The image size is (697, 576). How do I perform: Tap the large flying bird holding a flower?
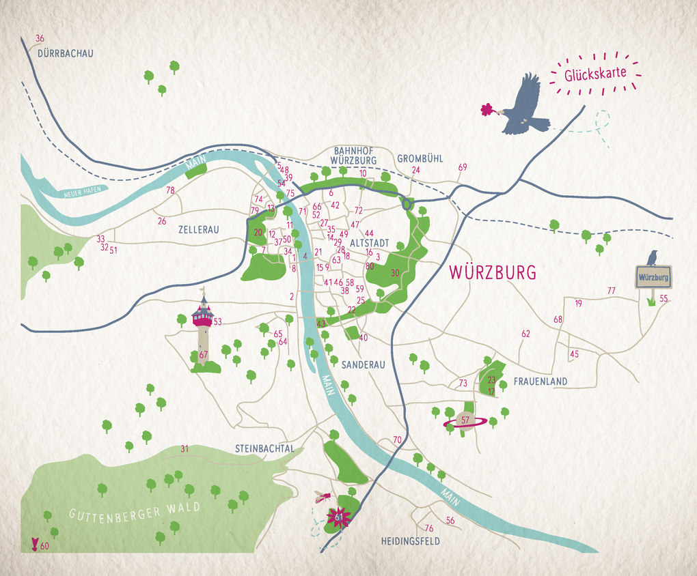pos(523,106)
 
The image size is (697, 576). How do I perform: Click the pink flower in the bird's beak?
pos(487,109)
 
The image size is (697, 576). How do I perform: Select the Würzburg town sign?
pos(653,278)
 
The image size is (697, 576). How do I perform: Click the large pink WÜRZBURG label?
pos(492,272)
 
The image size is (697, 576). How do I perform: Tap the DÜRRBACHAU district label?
pos(66,53)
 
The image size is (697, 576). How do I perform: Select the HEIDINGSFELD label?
pos(410,541)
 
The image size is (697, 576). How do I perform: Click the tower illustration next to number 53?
pos(202,328)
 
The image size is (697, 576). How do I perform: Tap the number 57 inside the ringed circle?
pos(465,420)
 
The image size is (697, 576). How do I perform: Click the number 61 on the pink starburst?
pos(339,518)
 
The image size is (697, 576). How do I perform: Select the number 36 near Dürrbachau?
pos(40,38)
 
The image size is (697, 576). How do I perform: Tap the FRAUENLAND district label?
pos(541,381)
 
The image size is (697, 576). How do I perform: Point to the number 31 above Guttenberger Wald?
pos(184,448)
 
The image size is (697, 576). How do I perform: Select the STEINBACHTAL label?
pos(264,448)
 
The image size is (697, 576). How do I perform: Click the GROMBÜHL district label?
pos(420,158)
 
